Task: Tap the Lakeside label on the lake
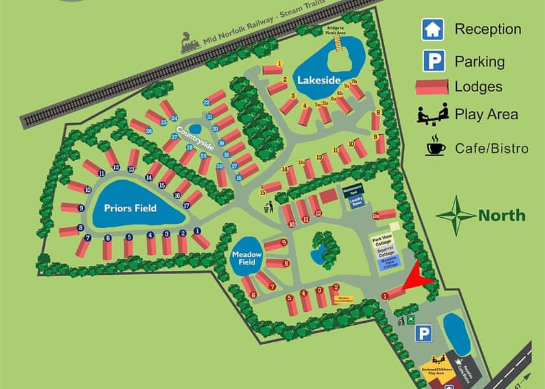click(319, 80)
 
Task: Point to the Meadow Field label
click(247, 259)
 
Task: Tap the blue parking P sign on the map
click(424, 333)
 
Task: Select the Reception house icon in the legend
click(432, 29)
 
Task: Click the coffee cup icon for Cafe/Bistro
click(435, 147)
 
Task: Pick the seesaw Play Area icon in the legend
click(432, 113)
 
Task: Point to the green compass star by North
click(455, 215)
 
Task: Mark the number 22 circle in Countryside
click(206, 102)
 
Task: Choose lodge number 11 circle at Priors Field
click(101, 174)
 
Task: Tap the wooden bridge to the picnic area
click(337, 43)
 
